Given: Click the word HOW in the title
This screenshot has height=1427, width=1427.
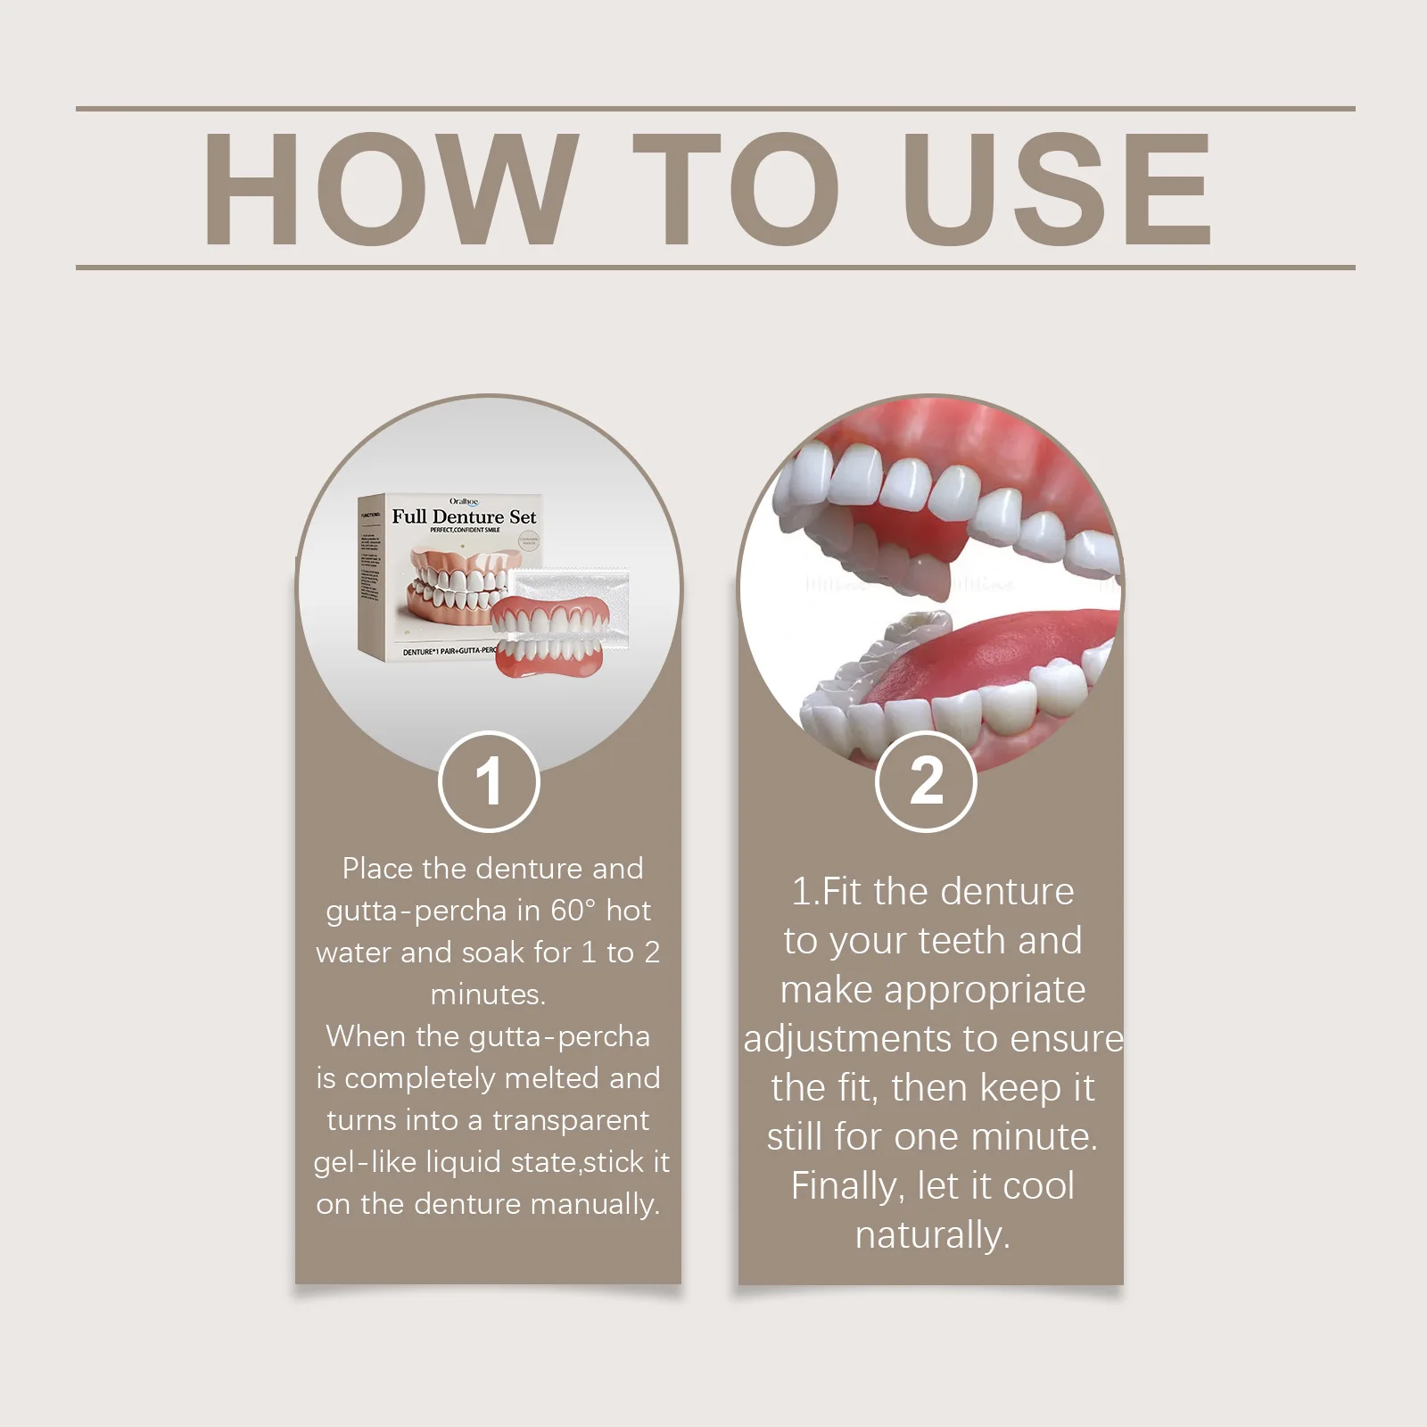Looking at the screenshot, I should pyautogui.click(x=385, y=189).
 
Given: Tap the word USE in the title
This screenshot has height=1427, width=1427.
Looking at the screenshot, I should pyautogui.click(x=1057, y=189).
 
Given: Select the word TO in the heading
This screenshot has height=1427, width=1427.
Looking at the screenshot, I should pyautogui.click(x=736, y=189).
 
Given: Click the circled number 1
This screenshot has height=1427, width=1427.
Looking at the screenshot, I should pyautogui.click(x=489, y=782).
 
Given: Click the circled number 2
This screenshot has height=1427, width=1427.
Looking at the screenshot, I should pyautogui.click(x=926, y=782).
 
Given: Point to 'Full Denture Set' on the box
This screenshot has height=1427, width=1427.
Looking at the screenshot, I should pyautogui.click(x=464, y=516).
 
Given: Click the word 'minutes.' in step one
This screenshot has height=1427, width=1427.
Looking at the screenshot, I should pyautogui.click(x=488, y=994).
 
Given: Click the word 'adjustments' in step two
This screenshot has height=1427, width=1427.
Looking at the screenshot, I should pyautogui.click(x=847, y=1040).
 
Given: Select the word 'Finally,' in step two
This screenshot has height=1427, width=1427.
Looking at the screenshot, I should pyautogui.click(x=847, y=1187).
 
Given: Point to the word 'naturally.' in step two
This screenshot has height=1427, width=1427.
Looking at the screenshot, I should pyautogui.click(x=932, y=1236).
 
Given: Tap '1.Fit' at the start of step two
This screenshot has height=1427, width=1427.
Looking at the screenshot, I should pyautogui.click(x=828, y=892).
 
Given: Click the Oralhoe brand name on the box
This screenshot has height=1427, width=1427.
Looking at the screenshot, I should pyautogui.click(x=464, y=502).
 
